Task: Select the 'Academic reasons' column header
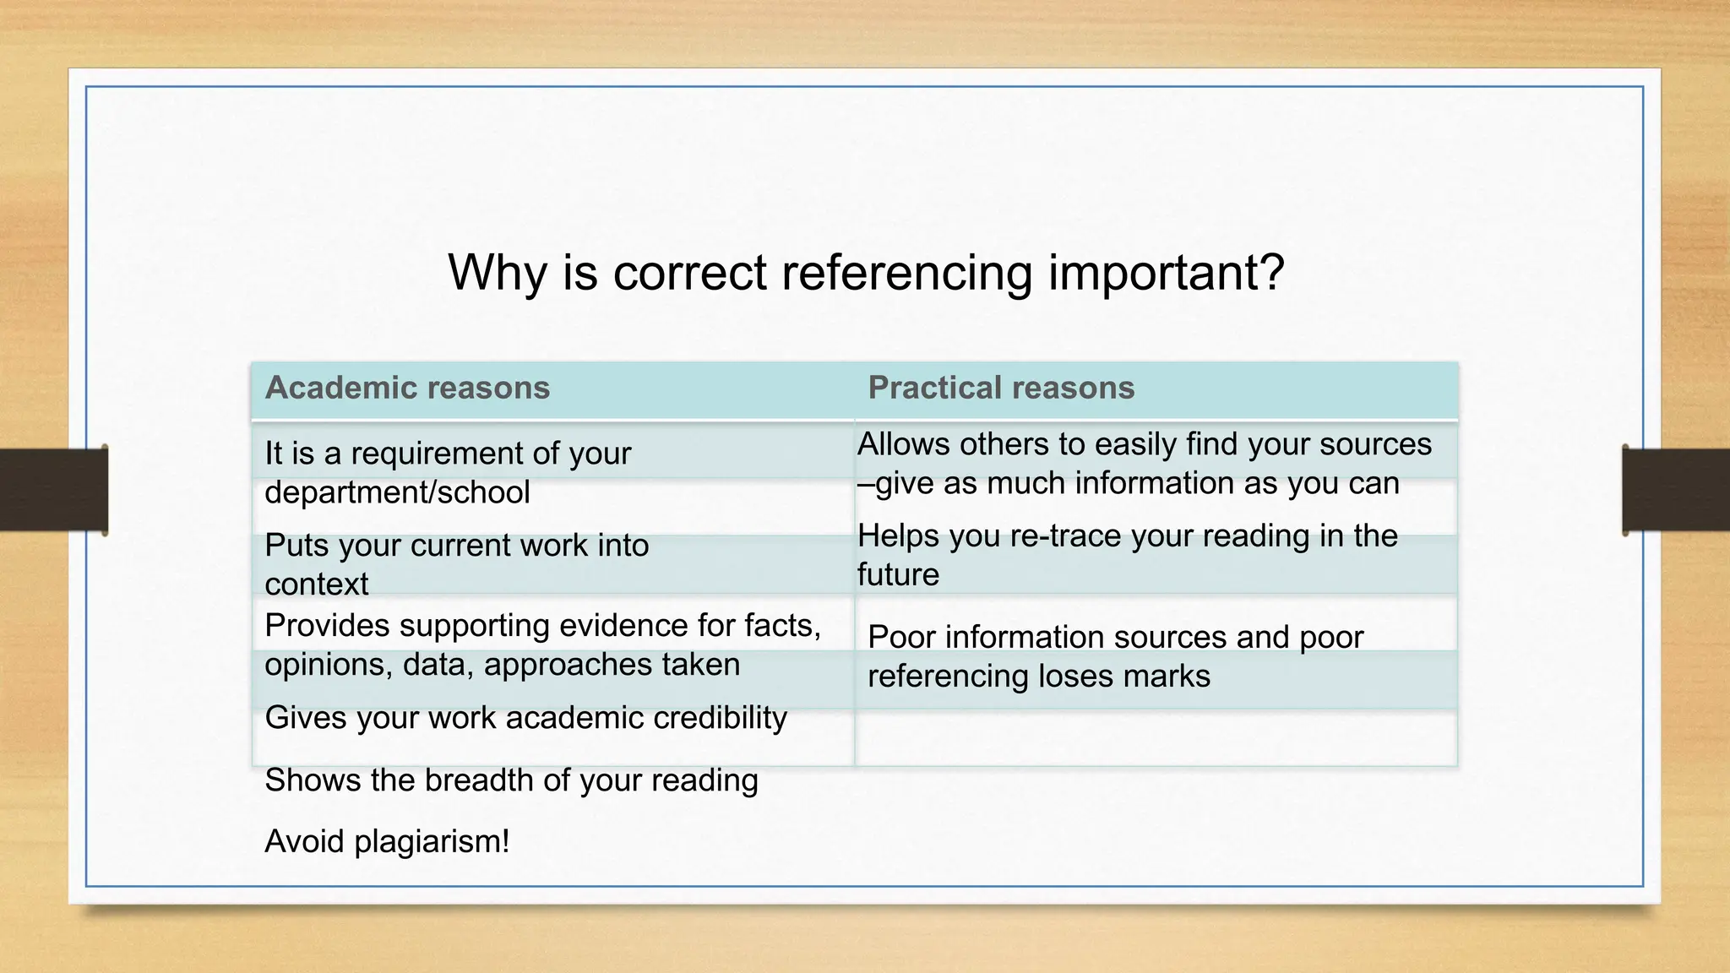407,388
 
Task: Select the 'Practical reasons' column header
1001,388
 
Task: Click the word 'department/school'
397,492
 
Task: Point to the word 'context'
317,584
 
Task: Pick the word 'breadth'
479,780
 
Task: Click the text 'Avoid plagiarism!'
387,842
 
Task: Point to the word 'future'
898,575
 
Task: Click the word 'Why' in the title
498,273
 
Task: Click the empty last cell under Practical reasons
1156,738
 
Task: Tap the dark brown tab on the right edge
1676,490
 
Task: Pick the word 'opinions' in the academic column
328,666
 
